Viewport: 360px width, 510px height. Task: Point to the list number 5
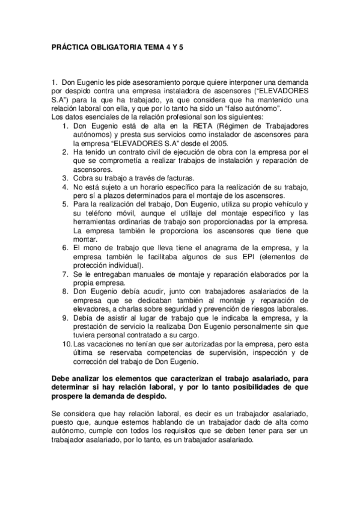point(67,205)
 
